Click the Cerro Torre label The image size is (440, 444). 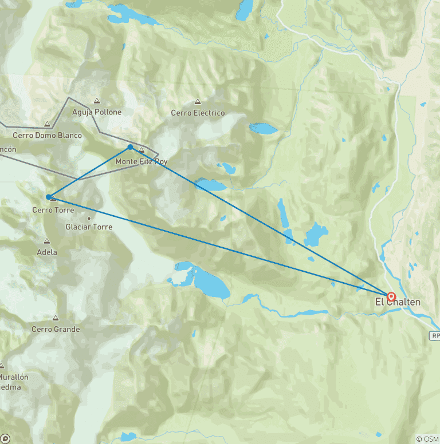(53, 210)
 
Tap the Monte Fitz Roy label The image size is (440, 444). (142, 161)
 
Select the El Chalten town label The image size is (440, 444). (398, 302)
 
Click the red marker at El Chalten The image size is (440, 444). (391, 297)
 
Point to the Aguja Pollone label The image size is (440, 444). (97, 112)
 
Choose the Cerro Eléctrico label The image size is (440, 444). (198, 113)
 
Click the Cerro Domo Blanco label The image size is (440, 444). (48, 136)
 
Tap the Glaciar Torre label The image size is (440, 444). (89, 227)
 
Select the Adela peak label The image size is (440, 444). (47, 252)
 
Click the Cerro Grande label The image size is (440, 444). (56, 329)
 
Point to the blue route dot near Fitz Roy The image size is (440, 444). (131, 147)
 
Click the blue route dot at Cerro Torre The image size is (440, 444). (49, 197)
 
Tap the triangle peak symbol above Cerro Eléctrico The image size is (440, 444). (198, 102)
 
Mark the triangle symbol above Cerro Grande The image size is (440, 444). (56, 318)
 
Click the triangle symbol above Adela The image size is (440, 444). (47, 241)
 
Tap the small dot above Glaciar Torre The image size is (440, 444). (89, 218)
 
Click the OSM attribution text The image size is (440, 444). (428, 439)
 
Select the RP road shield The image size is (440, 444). (435, 336)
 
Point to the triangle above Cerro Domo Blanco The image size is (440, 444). (48, 124)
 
